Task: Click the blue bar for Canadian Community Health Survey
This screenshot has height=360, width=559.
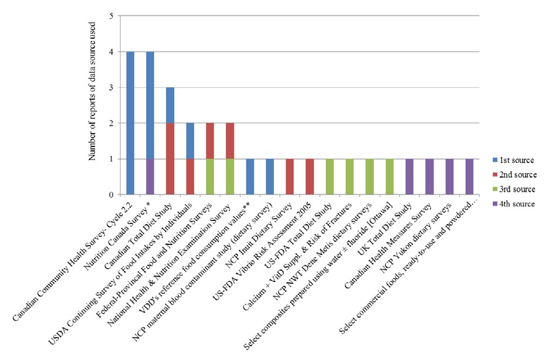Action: point(130,123)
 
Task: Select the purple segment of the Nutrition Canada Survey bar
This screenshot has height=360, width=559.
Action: point(150,176)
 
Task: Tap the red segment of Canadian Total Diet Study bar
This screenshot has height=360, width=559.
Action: point(170,159)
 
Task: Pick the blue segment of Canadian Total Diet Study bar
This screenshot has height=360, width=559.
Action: point(170,106)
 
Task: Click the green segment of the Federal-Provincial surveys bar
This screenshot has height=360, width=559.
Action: point(210,176)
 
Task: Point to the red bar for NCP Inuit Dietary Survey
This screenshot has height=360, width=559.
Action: point(290,176)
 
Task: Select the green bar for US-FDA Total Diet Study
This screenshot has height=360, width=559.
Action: point(330,176)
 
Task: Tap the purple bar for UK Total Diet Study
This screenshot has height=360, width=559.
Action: point(409,176)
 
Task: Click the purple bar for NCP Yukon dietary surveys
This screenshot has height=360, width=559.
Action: point(449,176)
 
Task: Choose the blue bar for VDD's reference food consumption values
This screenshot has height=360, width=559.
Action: point(250,176)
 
